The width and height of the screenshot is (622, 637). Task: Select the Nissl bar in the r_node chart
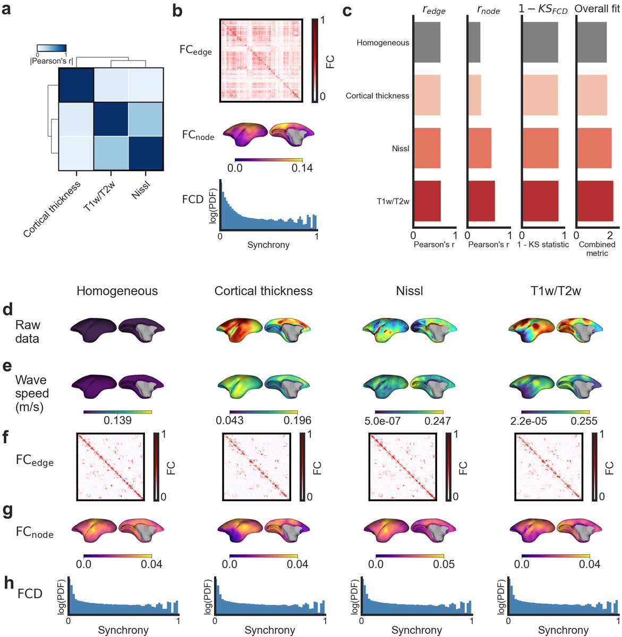[480, 148]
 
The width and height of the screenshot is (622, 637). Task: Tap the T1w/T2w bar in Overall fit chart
[595, 201]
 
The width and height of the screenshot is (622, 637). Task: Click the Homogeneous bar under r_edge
[427, 42]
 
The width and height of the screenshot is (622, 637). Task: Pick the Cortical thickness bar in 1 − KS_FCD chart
[540, 96]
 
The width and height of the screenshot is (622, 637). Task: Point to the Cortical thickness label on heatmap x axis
[52, 209]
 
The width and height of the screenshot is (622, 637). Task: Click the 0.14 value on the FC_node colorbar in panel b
[301, 168]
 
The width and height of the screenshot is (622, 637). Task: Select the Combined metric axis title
[597, 249]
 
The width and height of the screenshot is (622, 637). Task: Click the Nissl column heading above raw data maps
[410, 291]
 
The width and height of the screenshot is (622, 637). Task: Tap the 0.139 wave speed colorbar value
[117, 420]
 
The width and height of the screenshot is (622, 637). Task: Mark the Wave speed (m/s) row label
[32, 393]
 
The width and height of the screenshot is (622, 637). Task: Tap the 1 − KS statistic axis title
[543, 245]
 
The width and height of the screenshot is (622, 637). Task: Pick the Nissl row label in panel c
[401, 149]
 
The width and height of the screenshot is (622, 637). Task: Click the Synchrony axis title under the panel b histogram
[269, 245]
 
